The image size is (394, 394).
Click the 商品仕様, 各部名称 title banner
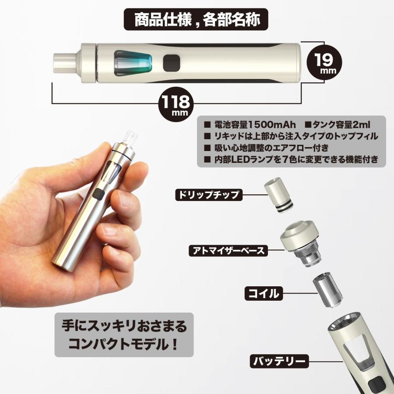pos(196,19)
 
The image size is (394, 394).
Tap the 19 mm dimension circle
pos(324,62)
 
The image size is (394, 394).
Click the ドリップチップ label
pos(208,195)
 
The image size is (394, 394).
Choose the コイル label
pos(264,293)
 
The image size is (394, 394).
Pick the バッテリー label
pos(279,361)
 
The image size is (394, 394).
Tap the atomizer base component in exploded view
pos(300,243)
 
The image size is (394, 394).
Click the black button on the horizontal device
pos(172,63)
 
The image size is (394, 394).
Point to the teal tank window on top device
pos(133,63)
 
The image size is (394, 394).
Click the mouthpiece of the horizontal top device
pos(65,62)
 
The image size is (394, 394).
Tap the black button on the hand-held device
pos(98,194)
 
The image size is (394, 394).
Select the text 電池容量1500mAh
pos(254,125)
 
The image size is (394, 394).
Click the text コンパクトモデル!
pos(123,344)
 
